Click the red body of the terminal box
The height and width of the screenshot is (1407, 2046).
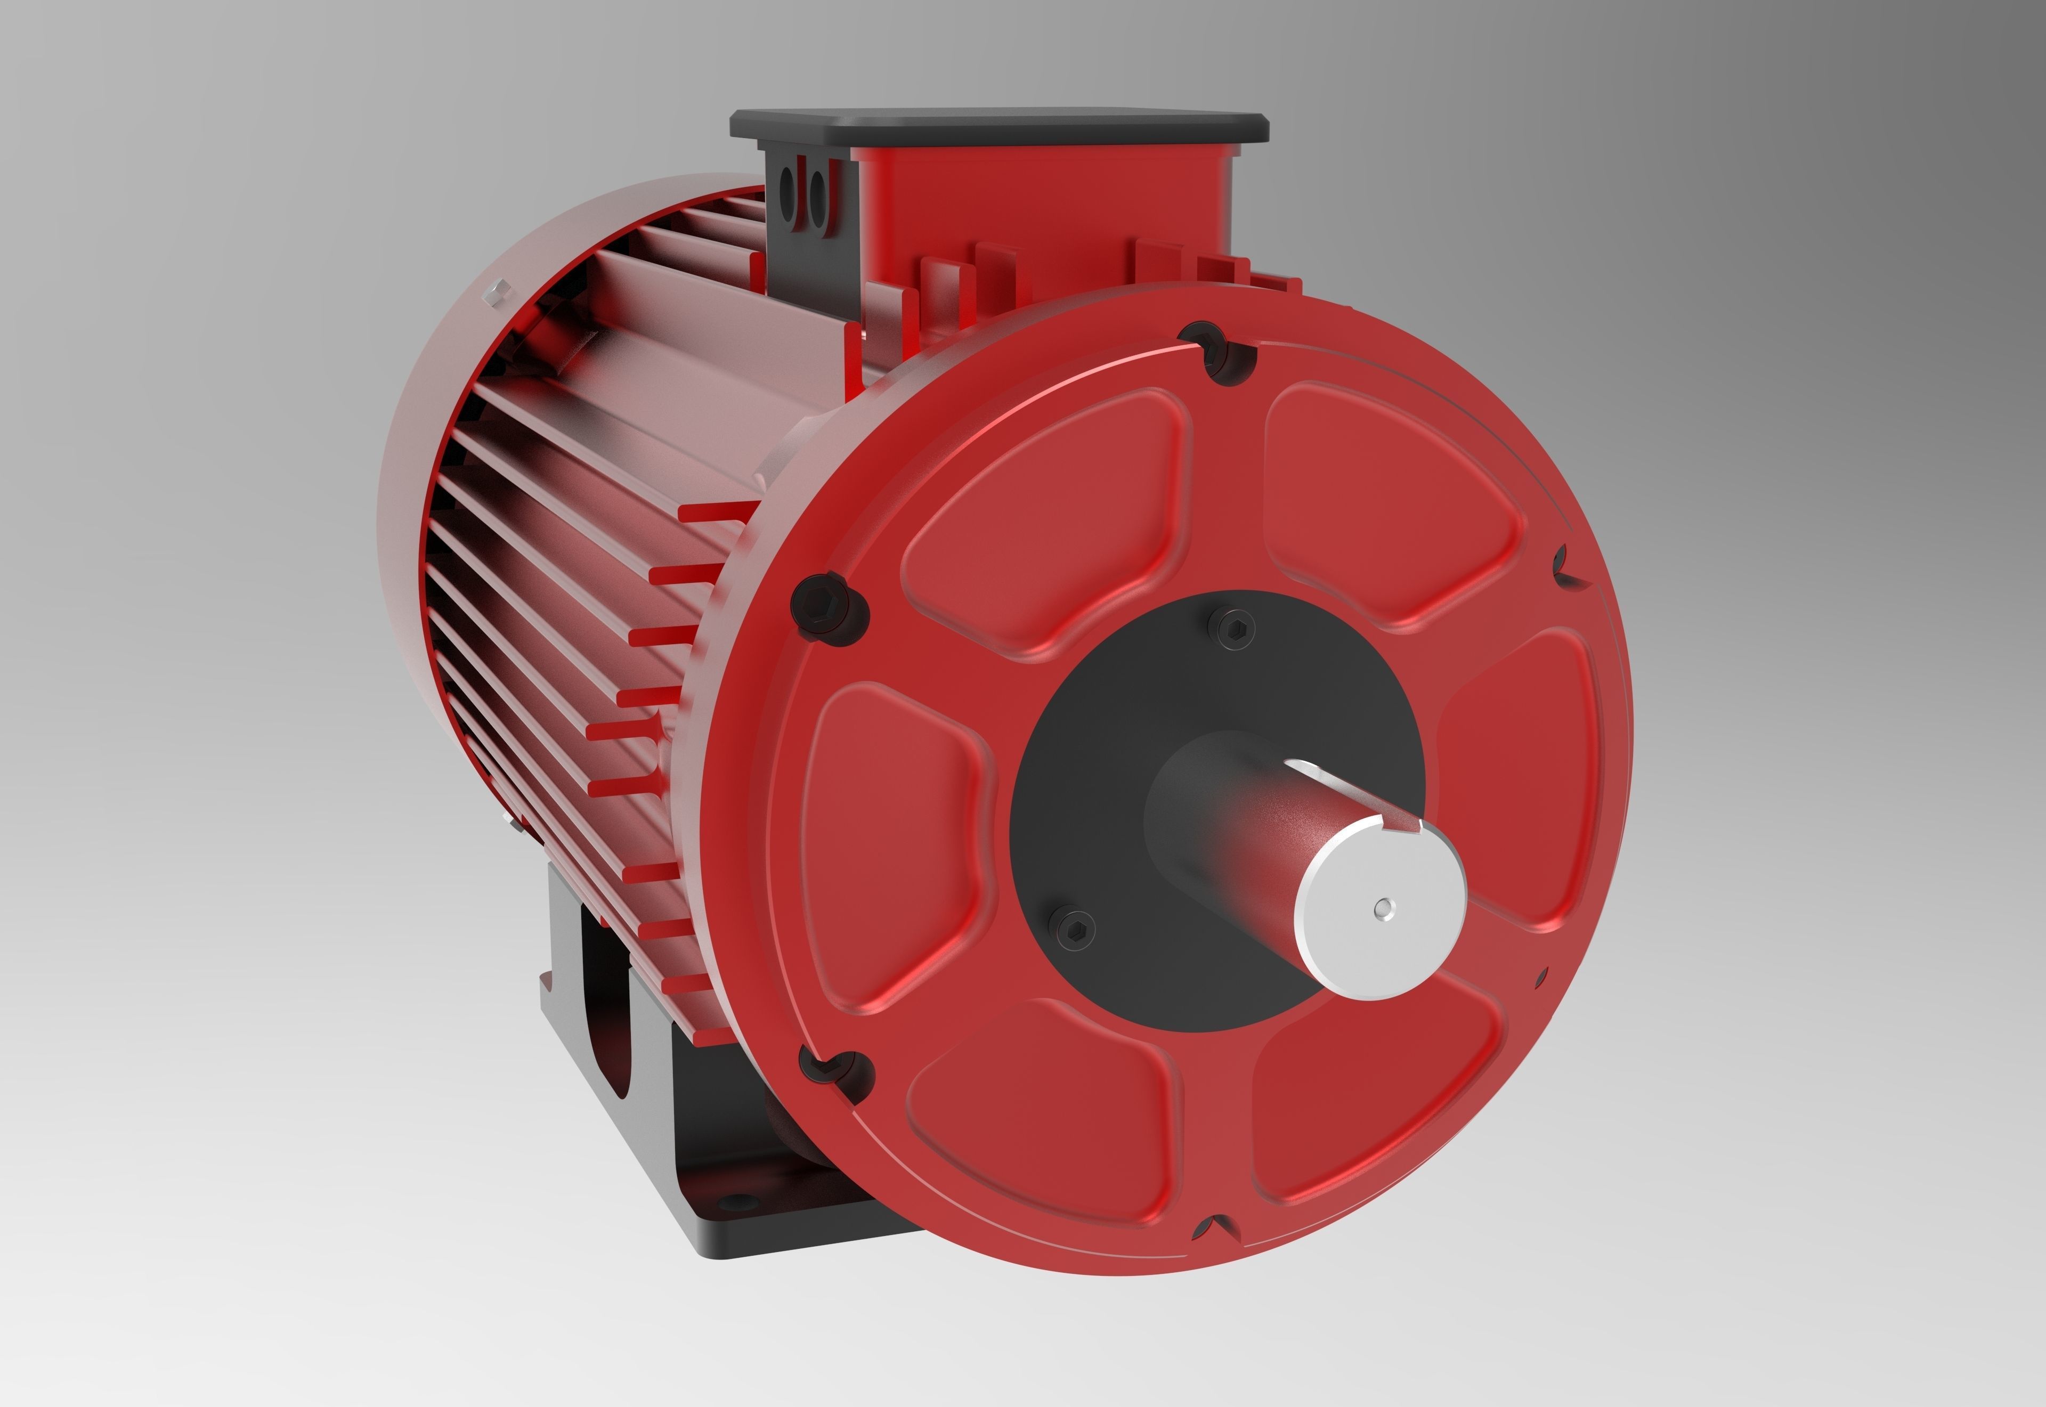(x=1040, y=212)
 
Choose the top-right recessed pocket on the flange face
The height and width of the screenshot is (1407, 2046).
(x=1384, y=502)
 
